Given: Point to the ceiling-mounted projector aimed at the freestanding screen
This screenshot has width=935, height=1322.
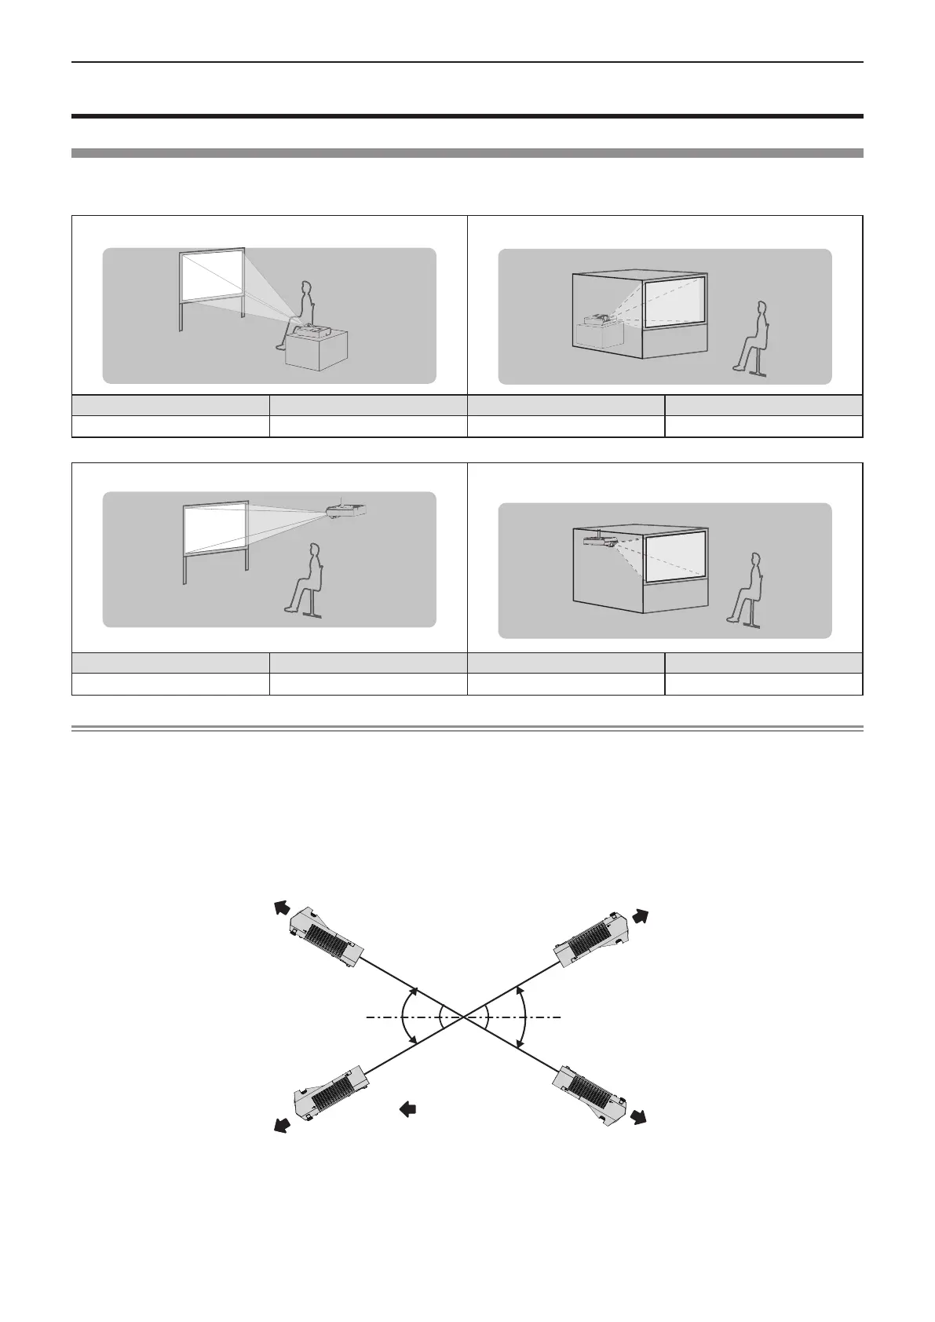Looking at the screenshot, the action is click(x=346, y=510).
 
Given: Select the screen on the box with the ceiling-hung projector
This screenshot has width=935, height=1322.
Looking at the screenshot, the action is click(x=675, y=553).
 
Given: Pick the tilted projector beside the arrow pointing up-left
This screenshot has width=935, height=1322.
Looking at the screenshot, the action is click(x=324, y=939).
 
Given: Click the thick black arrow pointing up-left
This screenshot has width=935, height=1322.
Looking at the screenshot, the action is click(x=277, y=908).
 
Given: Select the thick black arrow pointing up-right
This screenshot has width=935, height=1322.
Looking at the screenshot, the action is click(x=642, y=915).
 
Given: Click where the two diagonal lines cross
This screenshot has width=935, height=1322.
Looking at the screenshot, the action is click(x=464, y=1017).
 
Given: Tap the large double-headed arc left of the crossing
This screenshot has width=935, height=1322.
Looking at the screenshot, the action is click(x=402, y=1017).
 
